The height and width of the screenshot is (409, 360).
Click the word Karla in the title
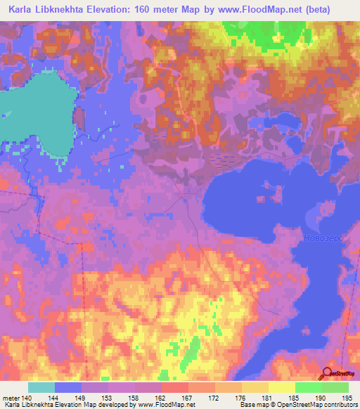24,10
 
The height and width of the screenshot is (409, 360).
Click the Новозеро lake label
322,239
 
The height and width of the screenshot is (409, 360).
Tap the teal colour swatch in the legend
41,387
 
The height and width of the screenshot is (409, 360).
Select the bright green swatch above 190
308,387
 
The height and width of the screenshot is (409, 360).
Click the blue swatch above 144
67,387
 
